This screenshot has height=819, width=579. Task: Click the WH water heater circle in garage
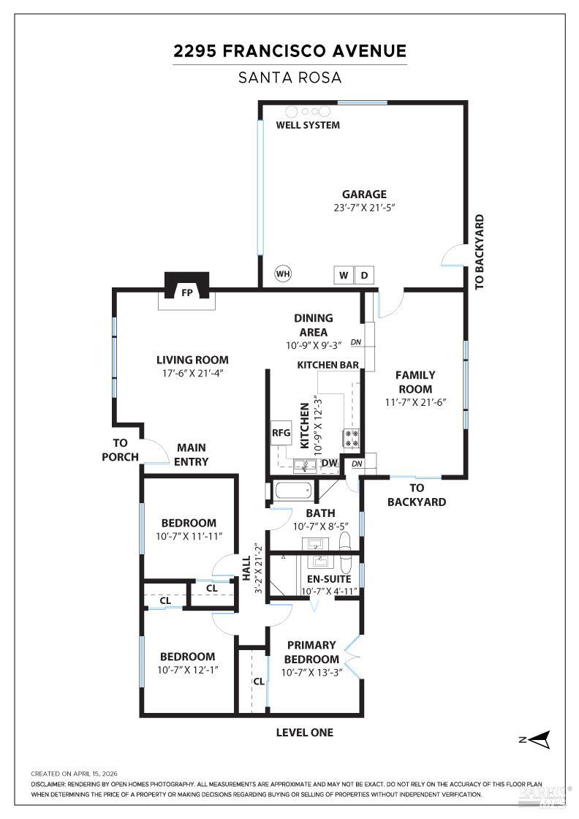pyautogui.click(x=283, y=273)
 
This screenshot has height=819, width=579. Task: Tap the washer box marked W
pyautogui.click(x=344, y=275)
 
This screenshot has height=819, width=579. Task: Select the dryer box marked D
pyautogui.click(x=364, y=275)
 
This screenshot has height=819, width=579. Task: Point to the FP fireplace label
pyautogui.click(x=187, y=293)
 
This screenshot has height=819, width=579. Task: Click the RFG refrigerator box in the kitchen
pyautogui.click(x=281, y=433)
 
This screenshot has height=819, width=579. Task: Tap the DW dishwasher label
pyautogui.click(x=330, y=464)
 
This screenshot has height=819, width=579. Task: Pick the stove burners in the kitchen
pyautogui.click(x=352, y=438)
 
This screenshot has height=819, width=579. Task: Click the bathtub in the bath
pyautogui.click(x=293, y=491)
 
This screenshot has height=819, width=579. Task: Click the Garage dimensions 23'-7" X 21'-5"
pyautogui.click(x=364, y=208)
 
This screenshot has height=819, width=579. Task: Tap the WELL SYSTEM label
pyautogui.click(x=308, y=125)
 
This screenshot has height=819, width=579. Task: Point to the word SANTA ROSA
pyautogui.click(x=289, y=78)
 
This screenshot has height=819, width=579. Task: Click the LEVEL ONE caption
pyautogui.click(x=304, y=733)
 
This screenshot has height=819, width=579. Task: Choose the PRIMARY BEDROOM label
pyautogui.click(x=311, y=652)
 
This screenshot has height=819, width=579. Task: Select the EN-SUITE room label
pyautogui.click(x=329, y=579)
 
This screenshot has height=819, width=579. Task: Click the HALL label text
pyautogui.click(x=246, y=568)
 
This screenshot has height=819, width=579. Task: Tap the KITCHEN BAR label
pyautogui.click(x=328, y=365)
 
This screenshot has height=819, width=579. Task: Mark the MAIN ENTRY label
pyautogui.click(x=191, y=454)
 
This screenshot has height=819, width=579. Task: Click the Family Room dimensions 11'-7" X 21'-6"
pyautogui.click(x=415, y=402)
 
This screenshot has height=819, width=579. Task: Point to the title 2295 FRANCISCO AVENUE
pyautogui.click(x=289, y=51)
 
